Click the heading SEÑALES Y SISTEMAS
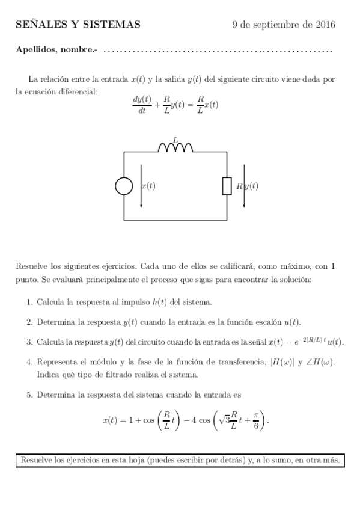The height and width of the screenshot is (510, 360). (x=78, y=25)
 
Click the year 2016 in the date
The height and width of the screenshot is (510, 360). (x=325, y=25)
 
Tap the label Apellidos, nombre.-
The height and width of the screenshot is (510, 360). (x=56, y=50)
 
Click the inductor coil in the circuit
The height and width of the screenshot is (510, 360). (x=175, y=148)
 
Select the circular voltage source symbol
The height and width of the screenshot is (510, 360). (x=124, y=186)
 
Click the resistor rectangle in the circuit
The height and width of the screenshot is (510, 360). (x=227, y=186)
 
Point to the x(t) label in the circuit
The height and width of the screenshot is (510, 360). (x=148, y=186)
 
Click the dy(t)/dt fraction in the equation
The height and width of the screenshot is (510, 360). (x=142, y=104)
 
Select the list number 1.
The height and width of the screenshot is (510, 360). (x=30, y=302)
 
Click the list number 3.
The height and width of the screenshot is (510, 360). (x=30, y=342)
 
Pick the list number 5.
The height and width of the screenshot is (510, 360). (x=30, y=395)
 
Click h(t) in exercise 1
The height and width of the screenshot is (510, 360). (x=160, y=302)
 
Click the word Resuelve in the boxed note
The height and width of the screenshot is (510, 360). (x=38, y=461)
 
